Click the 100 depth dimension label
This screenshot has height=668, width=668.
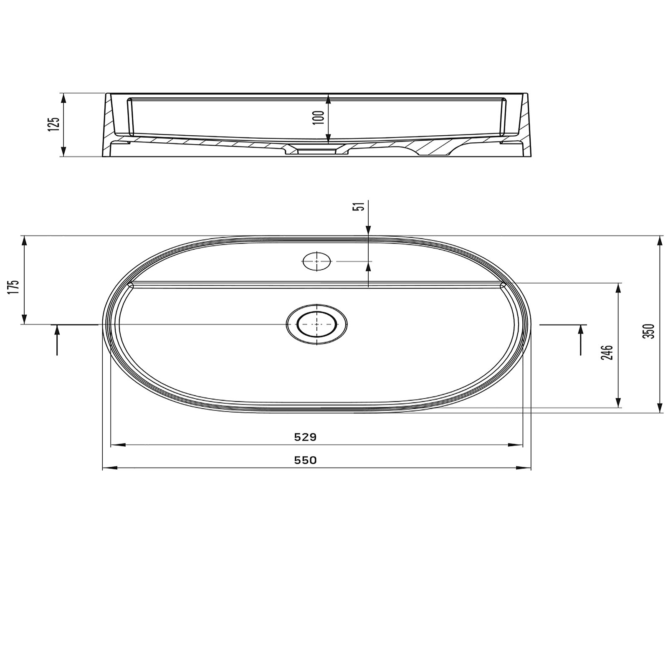319,117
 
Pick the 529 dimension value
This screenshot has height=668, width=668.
306,437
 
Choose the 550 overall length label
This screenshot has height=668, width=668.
306,460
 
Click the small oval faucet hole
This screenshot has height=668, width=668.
316,262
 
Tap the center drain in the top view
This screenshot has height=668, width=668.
316,324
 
